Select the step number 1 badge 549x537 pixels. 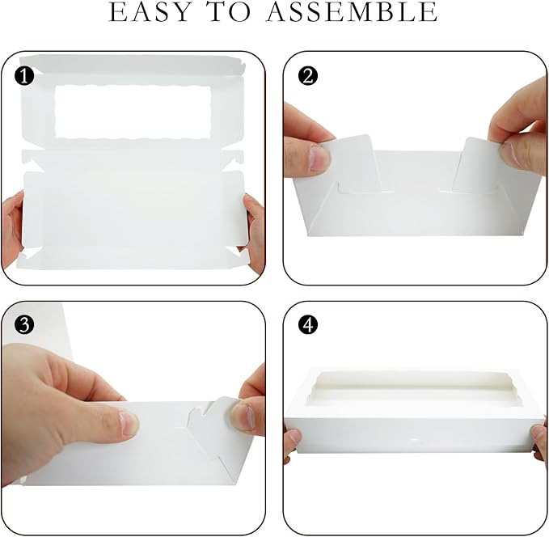24,76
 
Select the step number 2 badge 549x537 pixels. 308,76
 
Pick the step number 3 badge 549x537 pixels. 24,325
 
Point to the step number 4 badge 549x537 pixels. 308,325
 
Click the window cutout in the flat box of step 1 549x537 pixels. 133,112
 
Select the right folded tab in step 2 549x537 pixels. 477,165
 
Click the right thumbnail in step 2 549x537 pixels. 509,154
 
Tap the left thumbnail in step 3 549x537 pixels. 129,423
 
